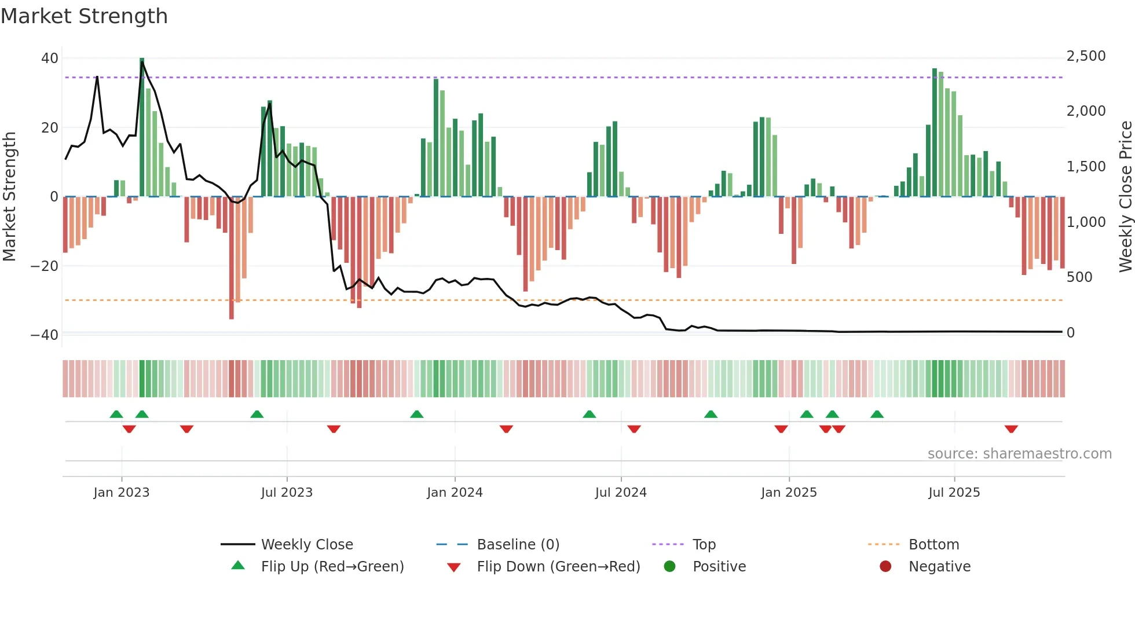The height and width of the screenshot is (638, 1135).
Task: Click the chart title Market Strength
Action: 84,16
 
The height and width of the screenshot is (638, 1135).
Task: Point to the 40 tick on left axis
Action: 50,58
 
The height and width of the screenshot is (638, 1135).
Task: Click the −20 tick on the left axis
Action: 45,266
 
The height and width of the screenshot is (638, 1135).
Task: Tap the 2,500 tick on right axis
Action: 1086,56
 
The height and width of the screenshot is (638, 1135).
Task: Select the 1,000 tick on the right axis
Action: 1086,222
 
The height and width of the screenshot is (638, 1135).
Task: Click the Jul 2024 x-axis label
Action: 620,492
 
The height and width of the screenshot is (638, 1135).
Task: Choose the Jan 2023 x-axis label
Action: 122,492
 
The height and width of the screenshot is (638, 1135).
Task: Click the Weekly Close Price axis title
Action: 1125,197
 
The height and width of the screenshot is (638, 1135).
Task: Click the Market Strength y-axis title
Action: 10,197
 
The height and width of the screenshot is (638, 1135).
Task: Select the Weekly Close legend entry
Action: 307,544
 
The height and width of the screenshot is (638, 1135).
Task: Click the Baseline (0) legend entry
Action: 518,544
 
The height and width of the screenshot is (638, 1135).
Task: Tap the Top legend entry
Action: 704,544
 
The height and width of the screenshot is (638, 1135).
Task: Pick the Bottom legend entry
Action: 933,544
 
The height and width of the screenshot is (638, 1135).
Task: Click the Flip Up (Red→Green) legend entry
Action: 332,566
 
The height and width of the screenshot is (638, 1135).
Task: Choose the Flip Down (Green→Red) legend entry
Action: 558,566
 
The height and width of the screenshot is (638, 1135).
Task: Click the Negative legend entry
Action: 939,566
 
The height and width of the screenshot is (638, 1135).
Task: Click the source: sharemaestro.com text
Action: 1019,453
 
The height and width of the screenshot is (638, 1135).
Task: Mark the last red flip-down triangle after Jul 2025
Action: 1011,429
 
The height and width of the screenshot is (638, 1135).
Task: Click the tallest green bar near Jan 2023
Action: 142,127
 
